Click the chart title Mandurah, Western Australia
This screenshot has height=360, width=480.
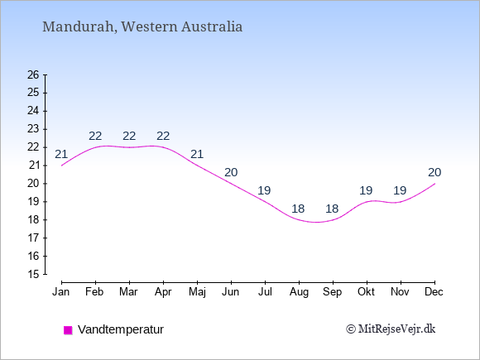point(142,26)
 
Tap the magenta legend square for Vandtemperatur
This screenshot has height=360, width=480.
point(68,330)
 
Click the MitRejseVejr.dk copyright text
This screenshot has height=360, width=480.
point(391,329)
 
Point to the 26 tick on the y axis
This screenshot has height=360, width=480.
point(33,74)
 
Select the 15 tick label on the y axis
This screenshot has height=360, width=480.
point(33,274)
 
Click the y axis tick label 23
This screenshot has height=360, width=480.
point(33,129)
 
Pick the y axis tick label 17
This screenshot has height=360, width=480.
point(33,238)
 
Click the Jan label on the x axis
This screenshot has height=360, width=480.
point(61,292)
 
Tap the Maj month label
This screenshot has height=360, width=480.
point(197,292)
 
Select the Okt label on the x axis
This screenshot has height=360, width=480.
point(366,292)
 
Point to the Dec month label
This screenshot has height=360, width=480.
point(434,292)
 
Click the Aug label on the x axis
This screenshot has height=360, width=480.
point(299,292)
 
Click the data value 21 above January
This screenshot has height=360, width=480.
point(61,154)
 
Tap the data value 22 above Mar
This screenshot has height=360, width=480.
point(129,136)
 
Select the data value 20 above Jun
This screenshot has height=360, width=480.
point(231,173)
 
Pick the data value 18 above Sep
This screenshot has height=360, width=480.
point(332,209)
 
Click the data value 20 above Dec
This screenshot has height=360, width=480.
point(434,173)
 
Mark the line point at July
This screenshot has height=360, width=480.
point(265,202)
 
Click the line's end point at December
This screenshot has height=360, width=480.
point(434,184)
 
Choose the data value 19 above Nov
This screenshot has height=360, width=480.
point(400,190)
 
